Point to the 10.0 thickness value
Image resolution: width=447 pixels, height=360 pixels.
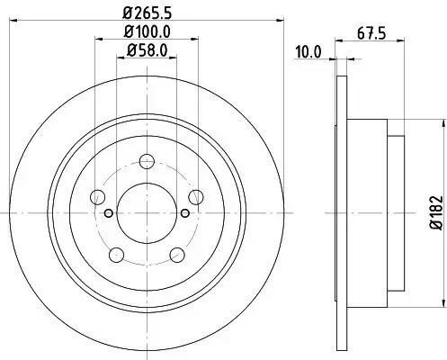308,52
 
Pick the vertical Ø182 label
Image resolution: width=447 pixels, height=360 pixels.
434,212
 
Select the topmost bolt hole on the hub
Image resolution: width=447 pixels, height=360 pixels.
147,162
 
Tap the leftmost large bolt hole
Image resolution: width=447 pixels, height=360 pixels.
98,197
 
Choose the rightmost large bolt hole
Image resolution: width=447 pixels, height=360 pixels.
194,197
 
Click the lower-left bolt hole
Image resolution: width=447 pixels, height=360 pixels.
116,253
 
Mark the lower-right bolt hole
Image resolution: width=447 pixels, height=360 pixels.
176,253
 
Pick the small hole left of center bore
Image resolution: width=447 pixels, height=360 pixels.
109,212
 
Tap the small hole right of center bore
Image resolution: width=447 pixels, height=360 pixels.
184,212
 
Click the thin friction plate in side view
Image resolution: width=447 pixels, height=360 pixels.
342,212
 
